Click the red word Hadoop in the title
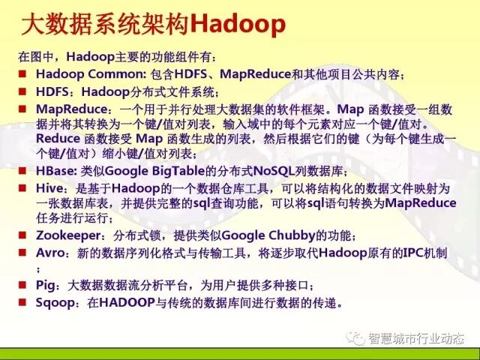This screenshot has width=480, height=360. tap(238, 25)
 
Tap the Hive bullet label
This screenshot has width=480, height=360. tap(49, 187)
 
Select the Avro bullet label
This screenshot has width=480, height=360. tap(50, 252)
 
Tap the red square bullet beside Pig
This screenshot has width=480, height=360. tap(24, 285)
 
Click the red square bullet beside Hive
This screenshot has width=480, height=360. tap(24, 187)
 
